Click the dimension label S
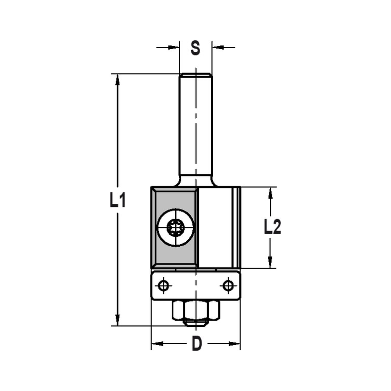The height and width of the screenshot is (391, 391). [x=195, y=48]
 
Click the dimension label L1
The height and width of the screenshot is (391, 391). [x=118, y=201]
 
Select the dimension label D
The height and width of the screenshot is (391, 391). [x=197, y=344]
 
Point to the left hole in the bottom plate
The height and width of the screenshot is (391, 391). [x=164, y=286]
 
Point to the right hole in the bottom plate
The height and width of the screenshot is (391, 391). [x=228, y=286]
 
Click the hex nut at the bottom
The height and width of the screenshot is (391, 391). [x=196, y=310]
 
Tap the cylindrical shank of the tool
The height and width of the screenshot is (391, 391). [x=195, y=125]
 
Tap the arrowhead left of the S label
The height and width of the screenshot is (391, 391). [x=174, y=48]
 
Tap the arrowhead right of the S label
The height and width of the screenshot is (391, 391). [x=217, y=48]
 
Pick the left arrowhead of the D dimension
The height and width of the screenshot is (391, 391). [x=157, y=344]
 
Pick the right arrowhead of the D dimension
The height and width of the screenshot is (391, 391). [x=235, y=344]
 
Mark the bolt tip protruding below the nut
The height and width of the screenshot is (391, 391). [x=195, y=323]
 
